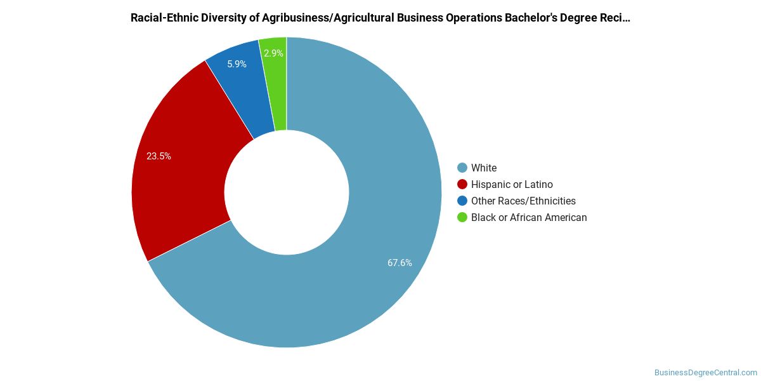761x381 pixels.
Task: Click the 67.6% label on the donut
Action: (x=400, y=263)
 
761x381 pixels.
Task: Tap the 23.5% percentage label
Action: (x=159, y=156)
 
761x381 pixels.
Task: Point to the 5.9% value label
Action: (x=237, y=64)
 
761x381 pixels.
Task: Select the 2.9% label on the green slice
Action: (x=273, y=53)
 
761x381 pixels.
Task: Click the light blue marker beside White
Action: (x=462, y=168)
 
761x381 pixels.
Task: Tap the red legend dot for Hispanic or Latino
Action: (x=462, y=184)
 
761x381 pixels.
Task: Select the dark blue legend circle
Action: (x=462, y=201)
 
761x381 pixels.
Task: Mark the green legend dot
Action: (x=462, y=217)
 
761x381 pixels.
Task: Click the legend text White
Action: (x=484, y=168)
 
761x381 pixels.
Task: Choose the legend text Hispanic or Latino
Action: (x=512, y=184)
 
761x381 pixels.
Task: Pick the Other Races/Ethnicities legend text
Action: (x=523, y=201)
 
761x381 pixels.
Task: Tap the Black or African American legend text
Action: (x=529, y=217)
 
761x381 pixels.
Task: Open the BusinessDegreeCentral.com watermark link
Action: (x=706, y=373)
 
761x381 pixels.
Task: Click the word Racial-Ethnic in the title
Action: (x=164, y=18)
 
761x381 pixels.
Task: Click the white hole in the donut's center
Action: (x=287, y=192)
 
